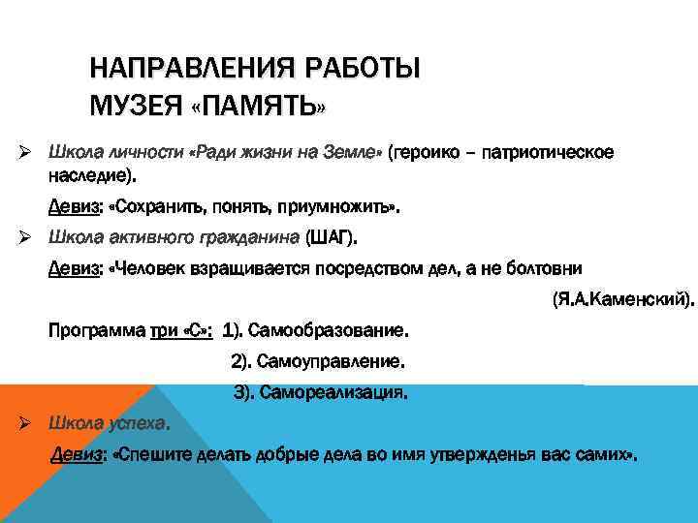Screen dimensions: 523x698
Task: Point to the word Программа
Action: [x=95, y=330]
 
